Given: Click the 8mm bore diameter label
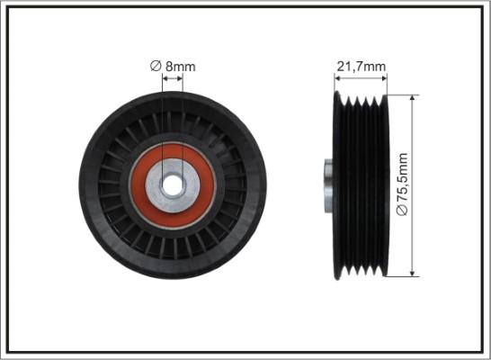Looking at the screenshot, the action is (x=173, y=66).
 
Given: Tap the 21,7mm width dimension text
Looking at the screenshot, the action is (x=361, y=67).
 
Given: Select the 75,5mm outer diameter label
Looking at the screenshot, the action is (x=402, y=184).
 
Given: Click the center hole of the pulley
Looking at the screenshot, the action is (x=173, y=185).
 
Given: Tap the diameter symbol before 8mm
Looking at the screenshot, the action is (x=156, y=66).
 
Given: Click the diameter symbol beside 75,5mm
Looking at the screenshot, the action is (x=402, y=210).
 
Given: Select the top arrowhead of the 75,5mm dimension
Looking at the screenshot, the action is (x=413, y=98).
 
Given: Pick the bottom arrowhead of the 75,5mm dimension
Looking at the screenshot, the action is (x=413, y=273).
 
